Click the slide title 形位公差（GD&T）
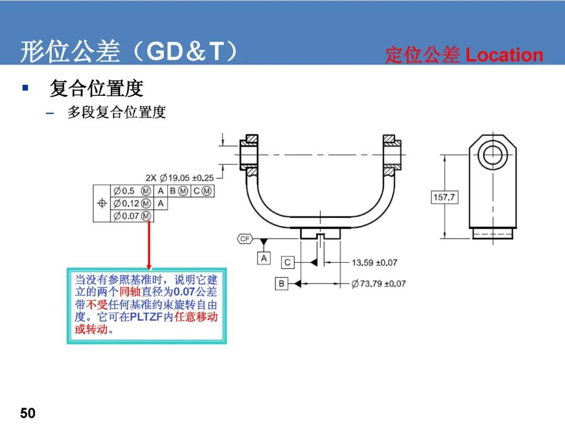click(x=129, y=51)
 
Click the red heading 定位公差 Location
click(x=464, y=55)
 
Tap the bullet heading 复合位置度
click(x=97, y=88)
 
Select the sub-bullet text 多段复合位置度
click(x=116, y=112)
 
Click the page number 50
click(x=28, y=413)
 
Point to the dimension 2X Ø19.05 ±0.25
click(x=179, y=178)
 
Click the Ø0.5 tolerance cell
click(x=132, y=191)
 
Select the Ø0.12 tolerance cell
click(x=132, y=204)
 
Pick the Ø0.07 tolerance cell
click(x=132, y=216)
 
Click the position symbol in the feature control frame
click(x=102, y=203)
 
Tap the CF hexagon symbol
click(x=245, y=239)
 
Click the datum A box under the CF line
click(x=264, y=258)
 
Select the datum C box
click(x=287, y=262)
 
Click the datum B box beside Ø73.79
click(x=281, y=284)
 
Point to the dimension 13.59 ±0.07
click(x=375, y=262)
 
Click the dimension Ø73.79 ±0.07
click(x=378, y=284)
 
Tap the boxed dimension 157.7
click(x=444, y=197)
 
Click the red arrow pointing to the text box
click(x=149, y=245)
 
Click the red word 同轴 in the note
click(x=130, y=292)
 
